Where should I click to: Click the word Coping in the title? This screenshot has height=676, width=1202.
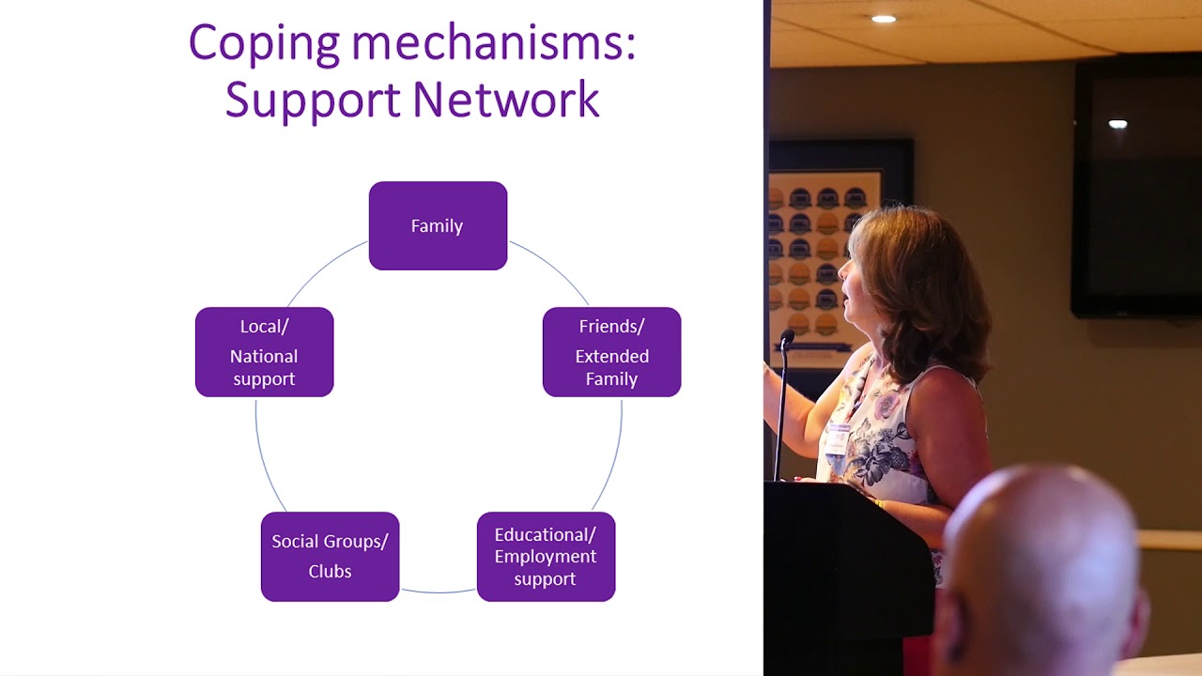pos(264,44)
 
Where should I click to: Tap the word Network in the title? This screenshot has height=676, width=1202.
pos(506,100)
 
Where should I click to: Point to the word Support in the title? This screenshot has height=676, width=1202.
pos(313,102)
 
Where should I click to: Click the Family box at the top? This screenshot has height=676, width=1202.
pos(438,226)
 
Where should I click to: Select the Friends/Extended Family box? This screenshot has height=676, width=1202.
pos(611,352)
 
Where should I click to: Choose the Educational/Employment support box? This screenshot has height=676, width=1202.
pos(546,557)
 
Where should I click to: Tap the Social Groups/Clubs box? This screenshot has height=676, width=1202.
pos(330,557)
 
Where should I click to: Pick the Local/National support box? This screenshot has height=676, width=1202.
pos(265,352)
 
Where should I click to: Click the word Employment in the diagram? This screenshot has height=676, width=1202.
pos(546,557)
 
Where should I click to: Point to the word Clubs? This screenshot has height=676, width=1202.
pos(330,572)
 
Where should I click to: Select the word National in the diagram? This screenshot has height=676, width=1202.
pos(264,356)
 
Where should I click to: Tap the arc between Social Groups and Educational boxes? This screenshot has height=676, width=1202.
pos(439,592)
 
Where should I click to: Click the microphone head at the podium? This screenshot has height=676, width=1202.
pos(787,337)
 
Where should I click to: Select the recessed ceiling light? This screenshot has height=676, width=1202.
pos(884,20)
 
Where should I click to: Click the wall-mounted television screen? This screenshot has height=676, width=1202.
pos(1136,188)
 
